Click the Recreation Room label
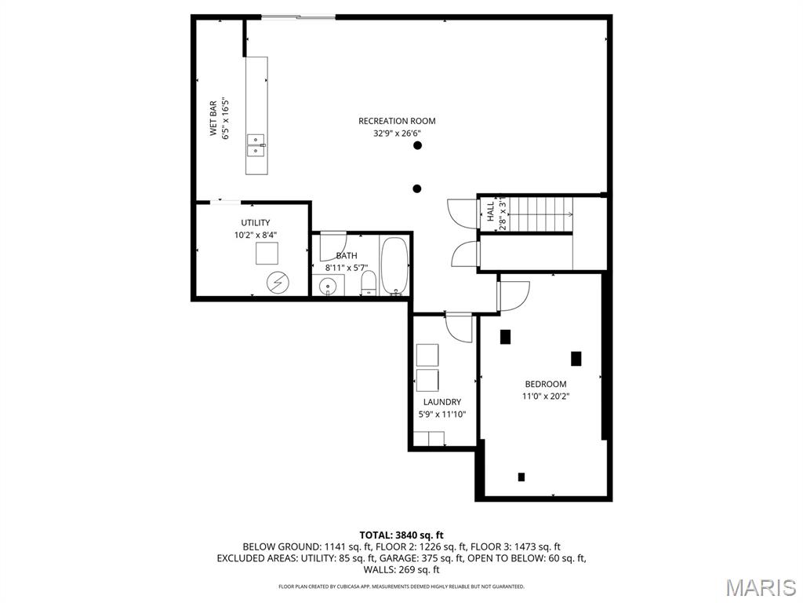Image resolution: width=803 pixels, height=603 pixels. click(x=397, y=121)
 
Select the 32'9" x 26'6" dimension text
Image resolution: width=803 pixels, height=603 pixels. click(x=397, y=133)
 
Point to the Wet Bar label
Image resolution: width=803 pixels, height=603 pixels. click(x=213, y=119)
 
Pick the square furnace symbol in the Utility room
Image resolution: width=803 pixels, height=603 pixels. click(x=267, y=254)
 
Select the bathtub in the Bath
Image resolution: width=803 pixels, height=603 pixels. click(x=394, y=265)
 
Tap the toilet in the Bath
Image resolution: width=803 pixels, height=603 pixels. click(x=368, y=283)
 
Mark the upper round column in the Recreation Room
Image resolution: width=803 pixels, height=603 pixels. click(x=417, y=146)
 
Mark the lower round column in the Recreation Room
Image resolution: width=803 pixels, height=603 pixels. click(x=417, y=188)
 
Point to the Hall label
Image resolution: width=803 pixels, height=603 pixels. click(x=491, y=212)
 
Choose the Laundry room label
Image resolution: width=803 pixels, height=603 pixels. click(x=442, y=402)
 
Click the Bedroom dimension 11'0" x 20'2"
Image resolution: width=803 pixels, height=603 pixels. click(x=546, y=397)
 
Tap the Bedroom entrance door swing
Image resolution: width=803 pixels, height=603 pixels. click(x=514, y=294)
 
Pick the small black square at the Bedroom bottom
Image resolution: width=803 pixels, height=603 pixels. click(x=521, y=477)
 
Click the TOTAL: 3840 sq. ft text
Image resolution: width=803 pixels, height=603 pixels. click(x=401, y=535)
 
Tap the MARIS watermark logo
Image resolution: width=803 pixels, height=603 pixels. click(x=760, y=587)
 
